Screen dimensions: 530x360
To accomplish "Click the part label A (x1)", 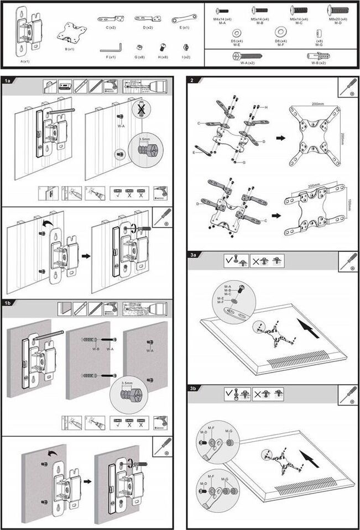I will pyautogui.click(x=25, y=61).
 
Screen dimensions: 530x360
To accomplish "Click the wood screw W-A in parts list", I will pyautogui.click(x=247, y=56).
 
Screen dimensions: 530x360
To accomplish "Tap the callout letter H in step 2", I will pyautogui.click(x=266, y=107).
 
